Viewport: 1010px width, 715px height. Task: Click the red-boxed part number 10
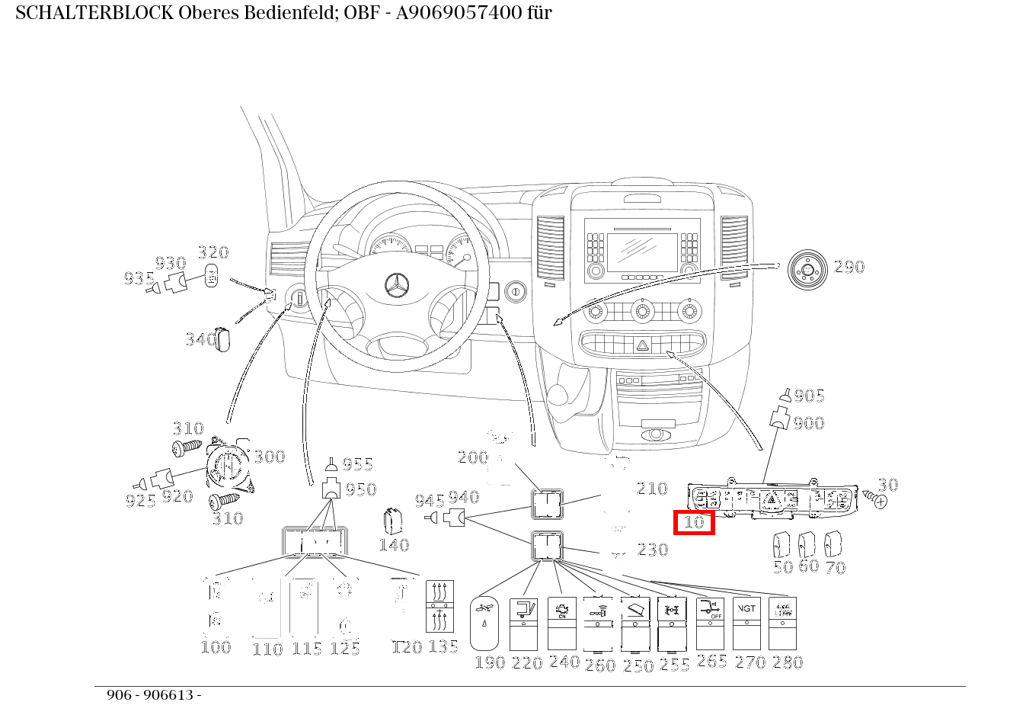pyautogui.click(x=694, y=523)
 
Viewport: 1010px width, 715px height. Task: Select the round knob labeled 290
pyautogui.click(x=806, y=269)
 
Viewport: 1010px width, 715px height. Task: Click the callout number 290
pyautogui.click(x=849, y=268)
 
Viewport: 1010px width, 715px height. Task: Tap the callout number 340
pyautogui.click(x=201, y=340)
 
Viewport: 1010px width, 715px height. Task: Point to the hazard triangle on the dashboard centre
pyautogui.click(x=643, y=345)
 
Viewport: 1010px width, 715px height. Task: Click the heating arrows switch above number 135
pyautogui.click(x=439, y=606)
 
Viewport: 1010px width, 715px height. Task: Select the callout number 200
pyautogui.click(x=472, y=457)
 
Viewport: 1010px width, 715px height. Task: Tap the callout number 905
pyautogui.click(x=810, y=396)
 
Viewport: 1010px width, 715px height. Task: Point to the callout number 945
pyautogui.click(x=430, y=502)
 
